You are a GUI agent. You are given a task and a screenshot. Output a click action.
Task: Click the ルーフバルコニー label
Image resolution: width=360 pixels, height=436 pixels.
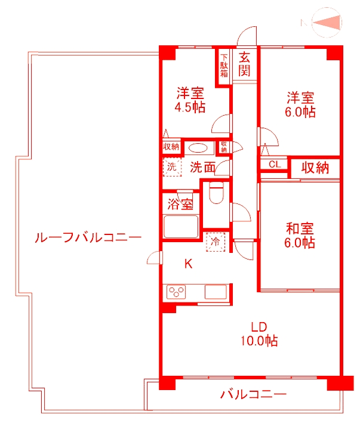pos(88,237)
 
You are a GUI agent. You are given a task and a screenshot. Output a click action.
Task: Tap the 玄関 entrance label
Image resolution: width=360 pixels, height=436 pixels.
pos(245,64)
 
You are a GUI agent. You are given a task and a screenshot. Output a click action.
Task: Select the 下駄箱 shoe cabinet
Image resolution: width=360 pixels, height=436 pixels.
pos(224,66)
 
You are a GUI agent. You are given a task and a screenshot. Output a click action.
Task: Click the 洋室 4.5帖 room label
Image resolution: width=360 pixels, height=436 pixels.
pos(190,101)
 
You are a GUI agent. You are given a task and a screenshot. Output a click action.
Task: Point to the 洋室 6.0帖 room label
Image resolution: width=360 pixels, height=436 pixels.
pos(300,104)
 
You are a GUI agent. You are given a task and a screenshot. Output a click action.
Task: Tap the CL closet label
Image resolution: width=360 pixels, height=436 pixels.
pos(274,165)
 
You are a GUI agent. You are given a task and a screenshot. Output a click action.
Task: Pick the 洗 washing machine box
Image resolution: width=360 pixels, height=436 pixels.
pos(172,166)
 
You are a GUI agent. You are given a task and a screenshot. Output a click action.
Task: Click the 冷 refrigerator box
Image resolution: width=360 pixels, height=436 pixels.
pos(214,242)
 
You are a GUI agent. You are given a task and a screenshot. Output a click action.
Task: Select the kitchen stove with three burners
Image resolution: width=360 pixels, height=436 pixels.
pos(177,292)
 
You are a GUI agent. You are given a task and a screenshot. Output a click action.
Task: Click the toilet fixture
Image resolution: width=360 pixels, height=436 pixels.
pos(216,194)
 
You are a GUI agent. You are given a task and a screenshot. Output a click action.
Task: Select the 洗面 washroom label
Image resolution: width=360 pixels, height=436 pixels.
pos(202,168)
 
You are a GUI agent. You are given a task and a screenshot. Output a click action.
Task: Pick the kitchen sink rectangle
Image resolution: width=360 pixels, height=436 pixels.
pos(215,292)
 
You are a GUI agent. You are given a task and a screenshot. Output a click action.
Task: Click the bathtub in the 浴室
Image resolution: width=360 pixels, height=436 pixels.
pos(181,227)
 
